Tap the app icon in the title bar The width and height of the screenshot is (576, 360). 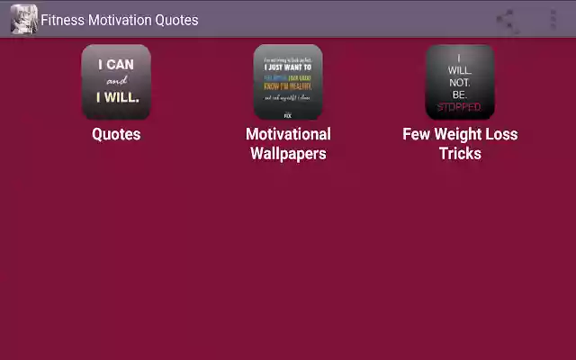coord(23,19)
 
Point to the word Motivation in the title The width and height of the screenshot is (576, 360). coord(121,20)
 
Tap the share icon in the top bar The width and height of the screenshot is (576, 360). coord(508,20)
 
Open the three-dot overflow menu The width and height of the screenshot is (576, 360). coord(553,20)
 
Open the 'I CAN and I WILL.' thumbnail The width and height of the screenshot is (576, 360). coord(116,82)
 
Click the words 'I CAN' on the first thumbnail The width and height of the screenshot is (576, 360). coord(116,64)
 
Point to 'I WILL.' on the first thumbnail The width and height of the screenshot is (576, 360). coord(117,97)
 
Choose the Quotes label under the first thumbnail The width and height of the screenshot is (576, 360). coord(116,134)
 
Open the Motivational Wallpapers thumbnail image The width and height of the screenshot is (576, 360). coord(288,82)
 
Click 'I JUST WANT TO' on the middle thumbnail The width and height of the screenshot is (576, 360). coord(288,67)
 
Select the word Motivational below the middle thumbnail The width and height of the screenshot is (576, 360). coord(288,134)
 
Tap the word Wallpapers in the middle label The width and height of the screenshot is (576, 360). coord(288,153)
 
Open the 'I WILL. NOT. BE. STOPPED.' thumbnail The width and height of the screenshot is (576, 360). coord(460,82)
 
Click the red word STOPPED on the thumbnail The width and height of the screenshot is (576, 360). coord(460,107)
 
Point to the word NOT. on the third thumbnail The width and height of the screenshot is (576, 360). coord(460,80)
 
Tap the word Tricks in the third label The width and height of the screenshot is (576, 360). coord(460,153)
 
